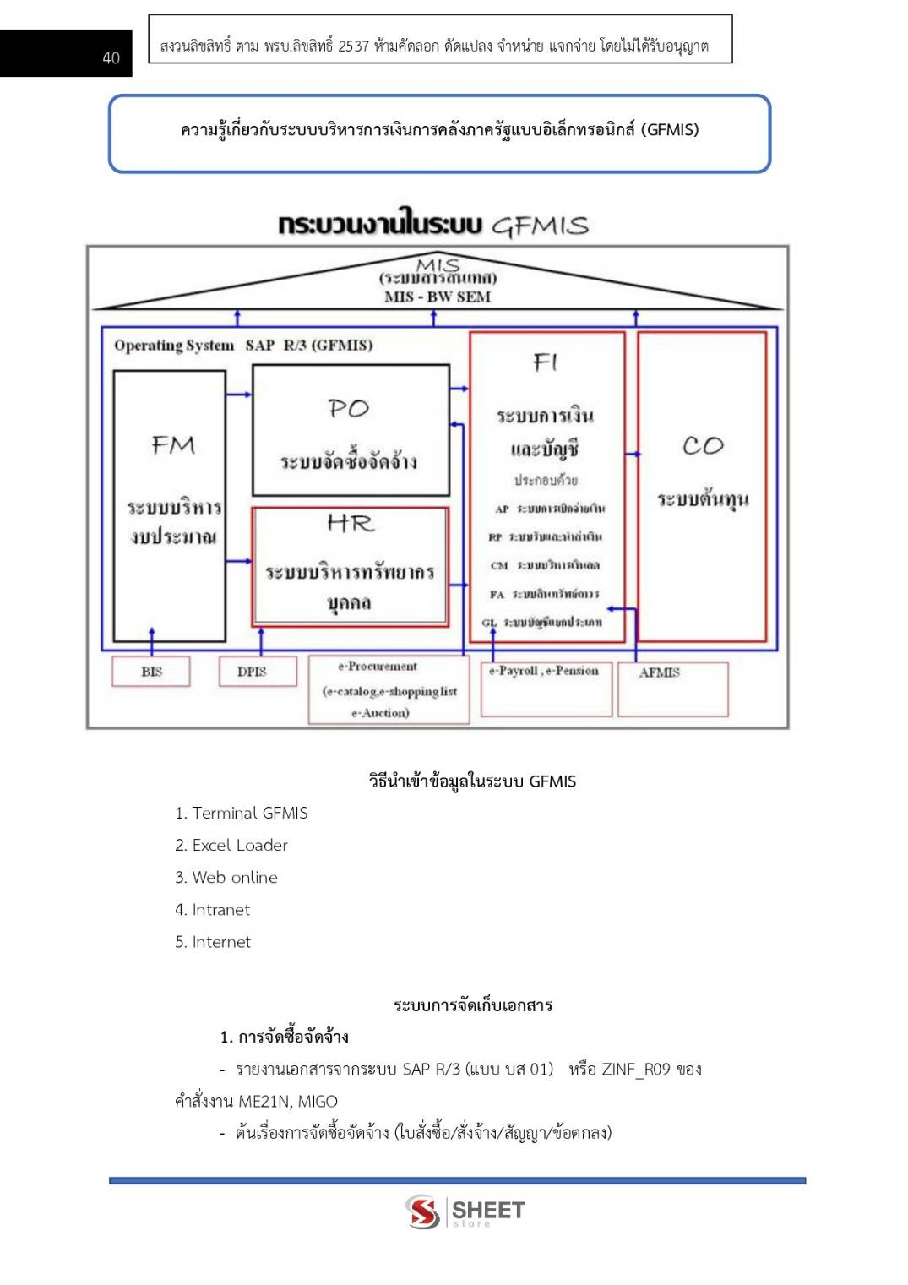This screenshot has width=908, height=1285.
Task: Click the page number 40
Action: click(x=111, y=57)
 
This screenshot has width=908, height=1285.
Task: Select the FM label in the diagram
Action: click(x=173, y=444)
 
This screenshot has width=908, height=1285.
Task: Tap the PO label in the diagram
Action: click(x=349, y=408)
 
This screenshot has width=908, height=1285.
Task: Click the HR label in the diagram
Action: click(x=351, y=524)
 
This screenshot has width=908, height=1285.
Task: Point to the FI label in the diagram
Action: click(x=546, y=362)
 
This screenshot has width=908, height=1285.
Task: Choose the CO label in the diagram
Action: click(x=703, y=445)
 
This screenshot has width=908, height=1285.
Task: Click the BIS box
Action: click(x=151, y=672)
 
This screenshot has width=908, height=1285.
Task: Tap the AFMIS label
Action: click(x=659, y=672)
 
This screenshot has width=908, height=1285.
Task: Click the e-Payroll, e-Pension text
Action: click(x=544, y=671)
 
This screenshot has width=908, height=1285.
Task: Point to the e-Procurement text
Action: click(x=378, y=666)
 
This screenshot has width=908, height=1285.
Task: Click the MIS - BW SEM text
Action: click(x=437, y=297)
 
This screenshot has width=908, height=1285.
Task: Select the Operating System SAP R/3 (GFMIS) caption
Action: click(x=243, y=345)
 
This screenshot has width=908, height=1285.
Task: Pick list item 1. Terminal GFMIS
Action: click(x=242, y=813)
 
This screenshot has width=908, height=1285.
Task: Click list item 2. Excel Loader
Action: click(x=231, y=845)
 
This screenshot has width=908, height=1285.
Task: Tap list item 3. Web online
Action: click(x=226, y=877)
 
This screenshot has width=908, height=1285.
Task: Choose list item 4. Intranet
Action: click(x=213, y=909)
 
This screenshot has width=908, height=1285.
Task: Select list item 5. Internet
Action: click(x=213, y=941)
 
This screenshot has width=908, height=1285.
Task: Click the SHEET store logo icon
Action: click(x=422, y=1211)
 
